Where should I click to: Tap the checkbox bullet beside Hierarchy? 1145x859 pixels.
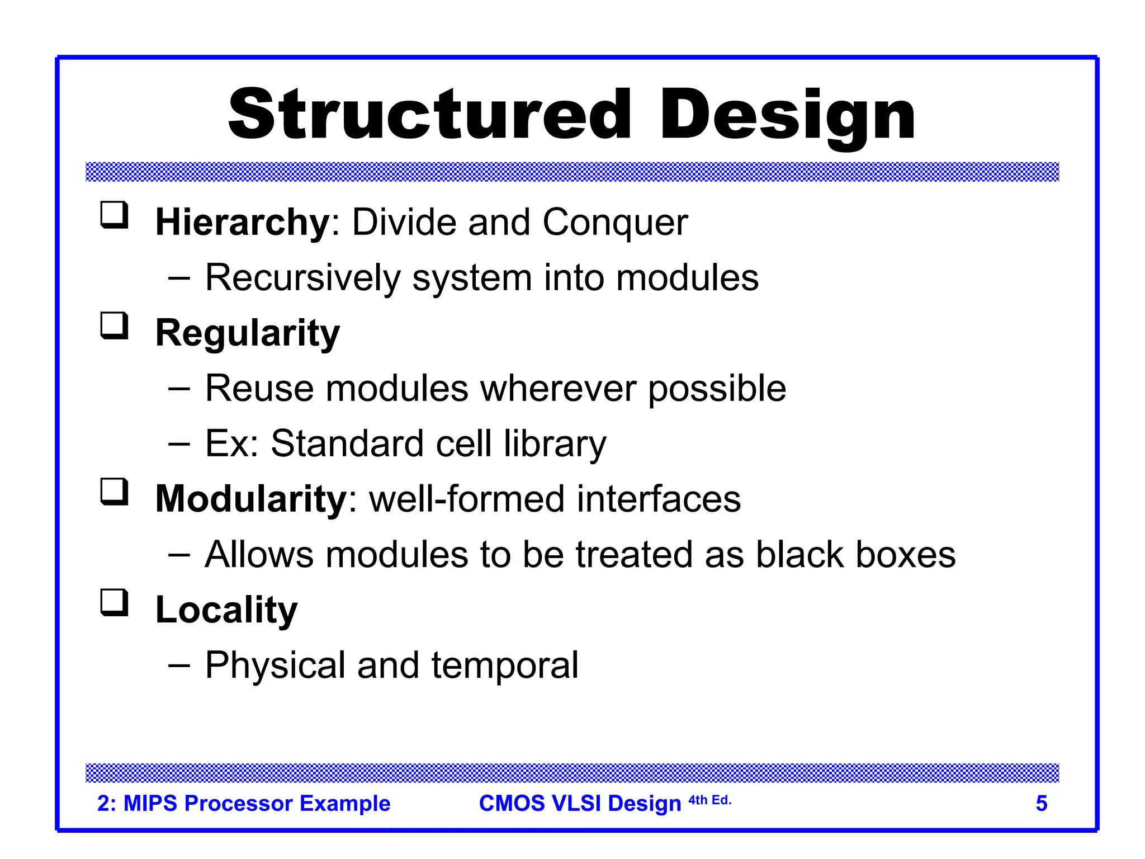coord(115,215)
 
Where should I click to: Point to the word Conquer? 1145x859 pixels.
coord(615,223)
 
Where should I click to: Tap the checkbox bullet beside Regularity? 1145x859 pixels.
coord(115,326)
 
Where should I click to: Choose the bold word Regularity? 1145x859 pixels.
coord(247,334)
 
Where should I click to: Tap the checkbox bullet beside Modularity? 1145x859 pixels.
coord(115,492)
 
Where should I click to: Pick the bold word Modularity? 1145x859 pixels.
coord(251,499)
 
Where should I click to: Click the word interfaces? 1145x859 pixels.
coord(659,499)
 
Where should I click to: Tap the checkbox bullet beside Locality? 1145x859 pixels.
coord(115,603)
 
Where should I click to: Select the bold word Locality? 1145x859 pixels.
coord(226,610)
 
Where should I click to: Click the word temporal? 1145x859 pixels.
coord(504,666)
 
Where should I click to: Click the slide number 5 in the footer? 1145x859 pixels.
coord(1041,804)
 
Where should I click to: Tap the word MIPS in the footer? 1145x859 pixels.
coord(150,804)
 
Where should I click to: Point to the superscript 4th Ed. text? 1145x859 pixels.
coord(709,800)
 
